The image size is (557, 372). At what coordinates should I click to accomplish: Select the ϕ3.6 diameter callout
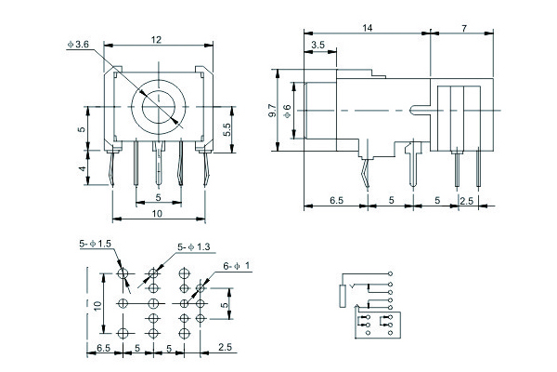(x=77, y=44)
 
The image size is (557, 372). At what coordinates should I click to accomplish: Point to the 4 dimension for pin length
(x=82, y=169)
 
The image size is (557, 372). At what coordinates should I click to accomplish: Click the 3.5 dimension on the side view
(x=317, y=45)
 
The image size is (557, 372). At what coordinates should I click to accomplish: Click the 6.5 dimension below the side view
(x=338, y=200)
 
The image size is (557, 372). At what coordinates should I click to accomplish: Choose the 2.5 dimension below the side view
(x=467, y=200)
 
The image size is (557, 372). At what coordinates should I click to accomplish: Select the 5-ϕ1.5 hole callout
(x=96, y=244)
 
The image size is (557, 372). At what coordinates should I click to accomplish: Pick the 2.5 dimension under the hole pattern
(x=225, y=348)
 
